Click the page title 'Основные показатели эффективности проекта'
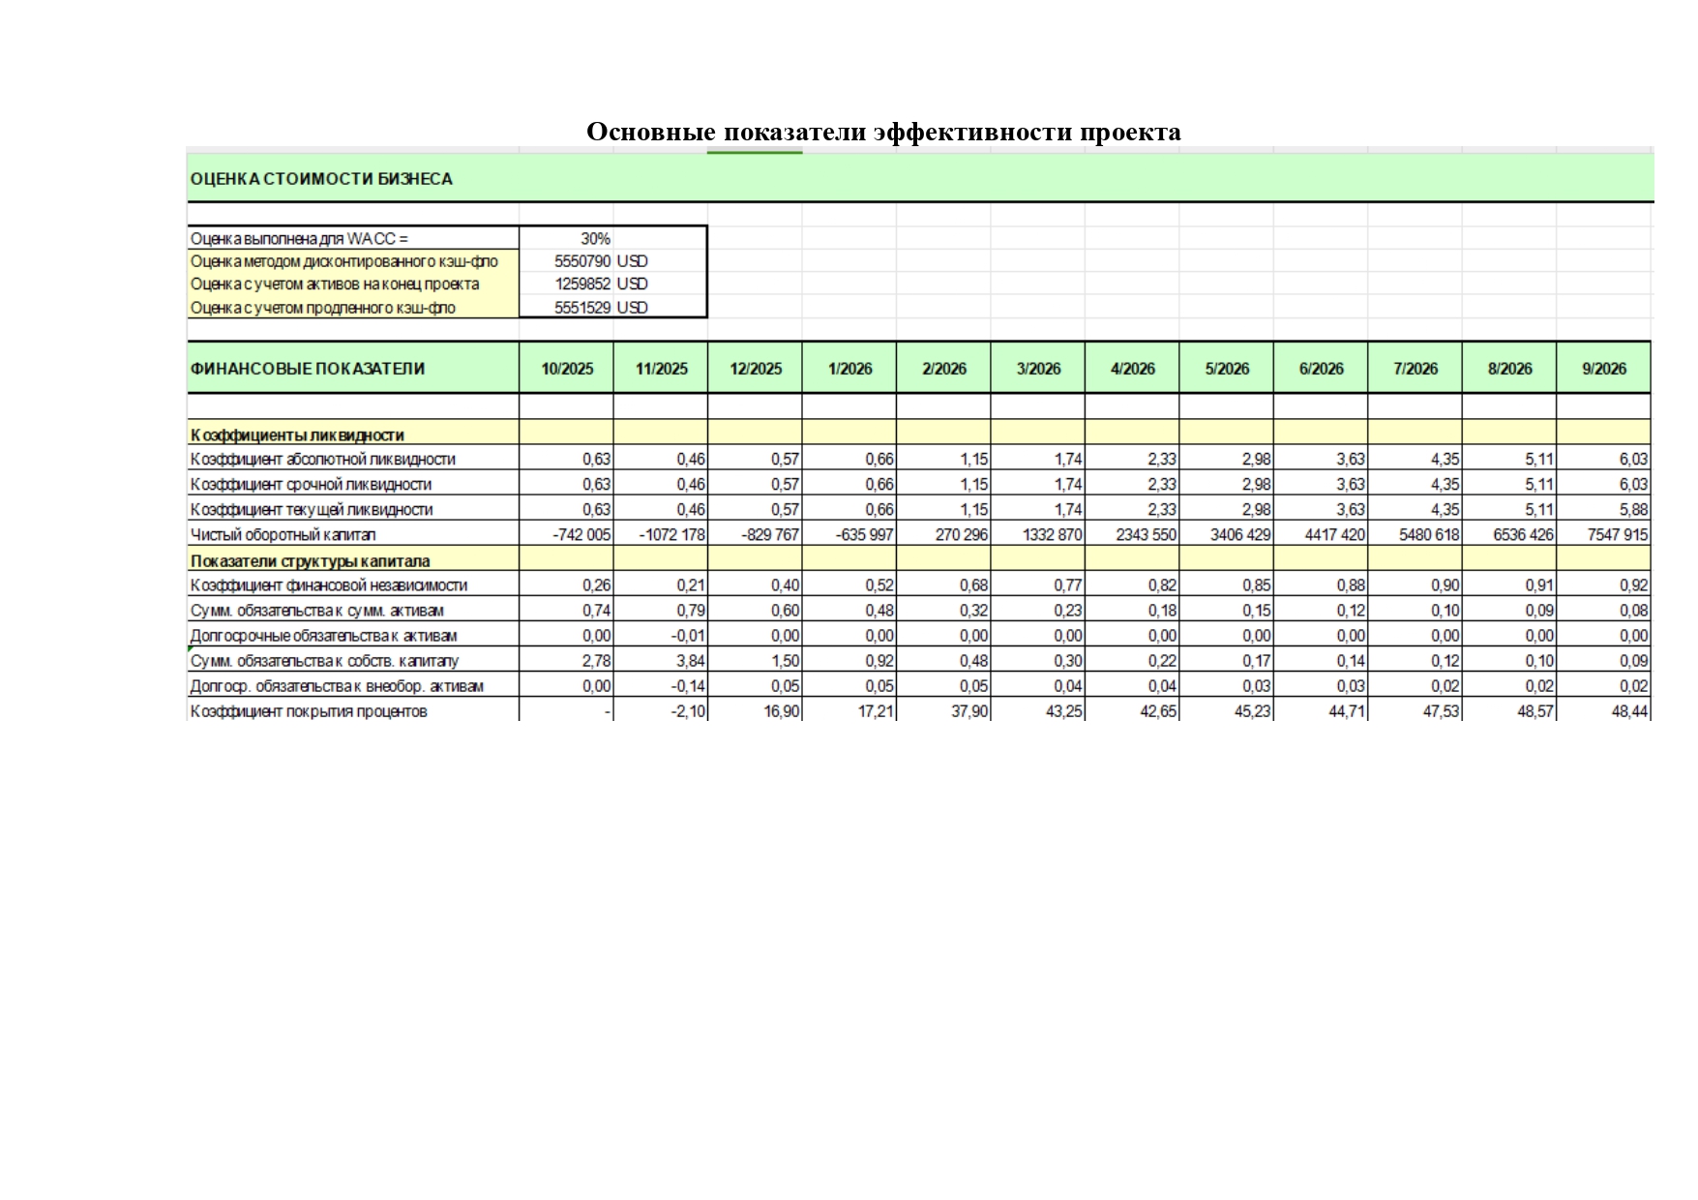point(883,132)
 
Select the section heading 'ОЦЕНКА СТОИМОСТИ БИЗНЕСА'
point(321,179)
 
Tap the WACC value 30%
point(595,238)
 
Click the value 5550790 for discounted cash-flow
point(582,261)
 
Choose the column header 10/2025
point(567,369)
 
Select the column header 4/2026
point(1132,369)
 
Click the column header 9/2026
point(1603,369)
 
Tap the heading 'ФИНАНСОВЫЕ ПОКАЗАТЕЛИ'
point(308,369)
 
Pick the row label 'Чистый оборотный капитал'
point(283,535)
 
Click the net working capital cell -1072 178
point(672,535)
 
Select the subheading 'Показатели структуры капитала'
point(311,561)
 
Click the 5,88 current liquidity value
point(1633,510)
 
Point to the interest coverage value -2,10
point(688,712)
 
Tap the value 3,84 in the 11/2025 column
point(691,662)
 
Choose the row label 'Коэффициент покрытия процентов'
point(309,712)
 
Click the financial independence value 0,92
point(1633,585)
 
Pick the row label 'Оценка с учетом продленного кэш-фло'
point(323,308)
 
